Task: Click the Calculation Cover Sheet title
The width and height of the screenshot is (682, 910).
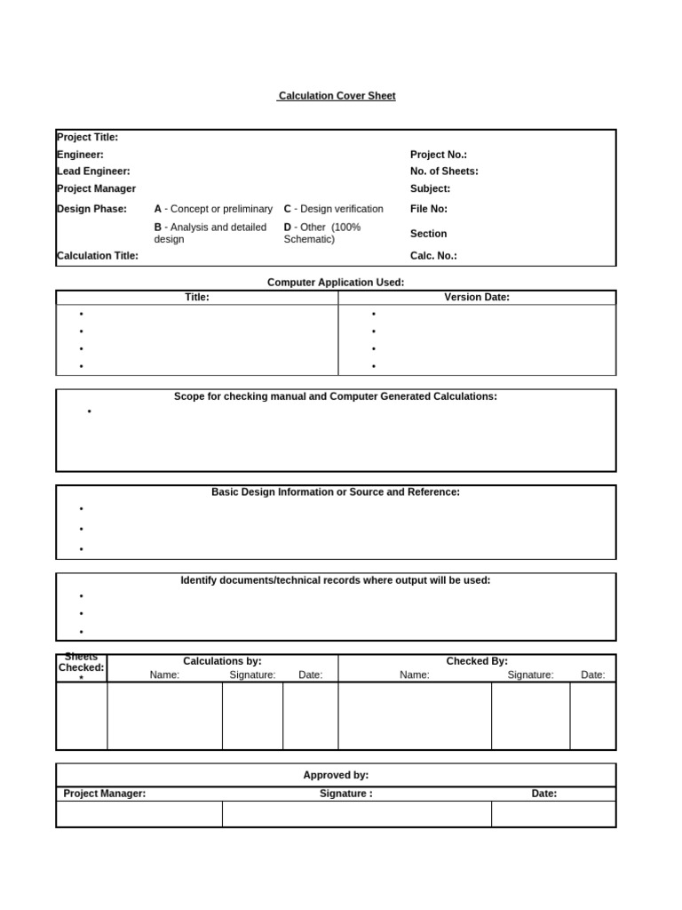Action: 336,96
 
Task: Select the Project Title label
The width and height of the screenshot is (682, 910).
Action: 87,137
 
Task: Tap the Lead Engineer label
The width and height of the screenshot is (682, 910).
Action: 93,171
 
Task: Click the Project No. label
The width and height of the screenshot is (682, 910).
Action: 438,155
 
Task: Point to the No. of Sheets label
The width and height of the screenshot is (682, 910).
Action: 444,171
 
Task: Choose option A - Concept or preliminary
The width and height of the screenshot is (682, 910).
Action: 213,209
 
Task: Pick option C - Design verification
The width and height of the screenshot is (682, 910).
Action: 333,209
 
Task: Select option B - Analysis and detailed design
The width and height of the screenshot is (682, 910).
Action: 210,233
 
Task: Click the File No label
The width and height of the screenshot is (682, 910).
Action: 428,209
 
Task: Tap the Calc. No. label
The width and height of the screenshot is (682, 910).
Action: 433,256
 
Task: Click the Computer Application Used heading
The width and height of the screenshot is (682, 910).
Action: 336,283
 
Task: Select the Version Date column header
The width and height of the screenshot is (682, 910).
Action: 477,298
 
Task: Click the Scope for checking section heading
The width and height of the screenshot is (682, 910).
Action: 336,396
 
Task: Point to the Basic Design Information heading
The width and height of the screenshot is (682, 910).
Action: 336,491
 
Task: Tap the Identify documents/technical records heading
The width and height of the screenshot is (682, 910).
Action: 336,580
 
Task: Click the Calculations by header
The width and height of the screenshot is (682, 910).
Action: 222,661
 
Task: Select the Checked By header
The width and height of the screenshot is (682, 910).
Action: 477,661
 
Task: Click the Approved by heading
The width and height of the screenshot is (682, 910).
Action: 336,775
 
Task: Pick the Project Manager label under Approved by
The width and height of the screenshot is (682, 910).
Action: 105,794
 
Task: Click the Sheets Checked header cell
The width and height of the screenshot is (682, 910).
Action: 82,667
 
